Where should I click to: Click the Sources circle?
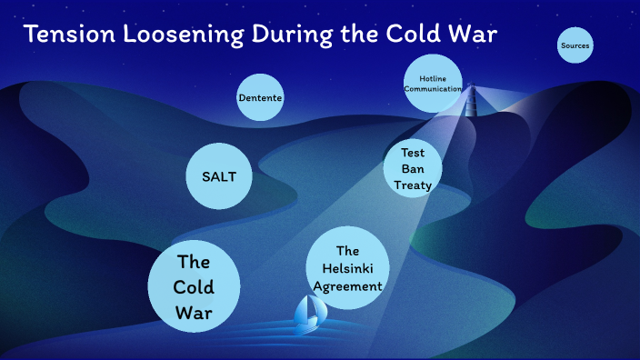[x=575, y=45]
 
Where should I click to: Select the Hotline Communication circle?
[x=433, y=84]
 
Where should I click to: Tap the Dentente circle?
[x=260, y=97]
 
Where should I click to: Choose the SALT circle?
[x=219, y=176]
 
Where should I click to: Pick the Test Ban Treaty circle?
[x=413, y=169]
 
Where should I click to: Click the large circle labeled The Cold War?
[x=194, y=288]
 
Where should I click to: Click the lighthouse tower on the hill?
[x=471, y=99]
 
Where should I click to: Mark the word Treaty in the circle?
[x=413, y=185]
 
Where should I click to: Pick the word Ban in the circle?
[x=414, y=169]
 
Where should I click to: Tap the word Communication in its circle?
[x=433, y=89]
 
